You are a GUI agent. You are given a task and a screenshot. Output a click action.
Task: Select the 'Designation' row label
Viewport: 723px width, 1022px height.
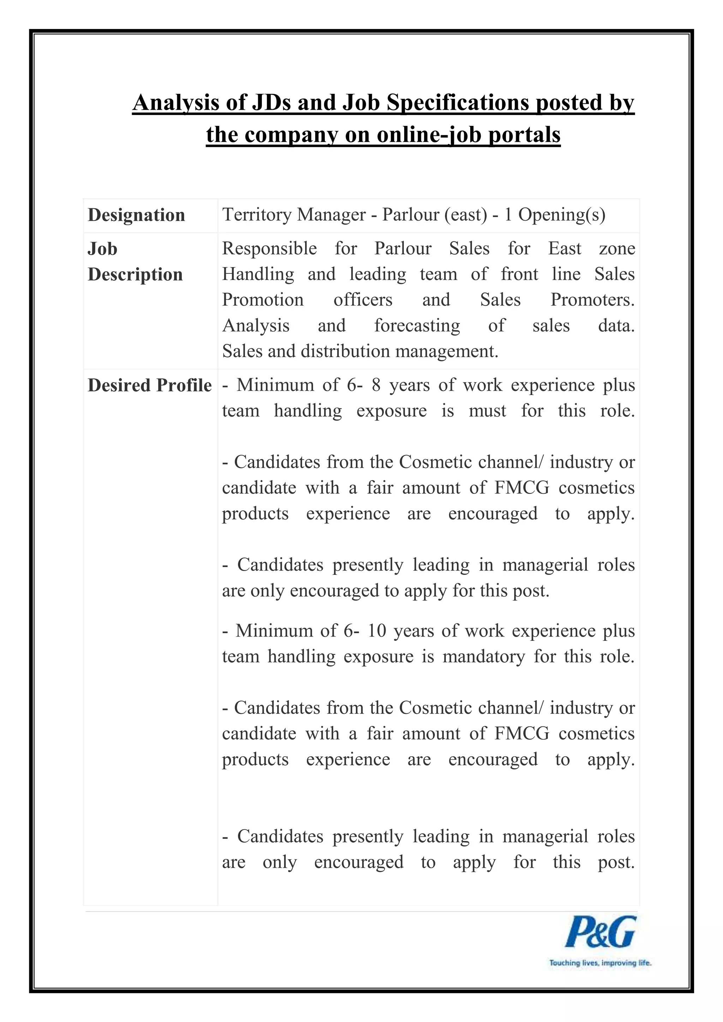pos(136,215)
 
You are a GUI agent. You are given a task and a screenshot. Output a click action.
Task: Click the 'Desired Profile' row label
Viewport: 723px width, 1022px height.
pos(150,385)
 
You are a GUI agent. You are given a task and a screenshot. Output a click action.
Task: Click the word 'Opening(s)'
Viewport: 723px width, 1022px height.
pos(561,215)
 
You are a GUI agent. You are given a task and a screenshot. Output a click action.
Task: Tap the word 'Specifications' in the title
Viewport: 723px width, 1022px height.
pos(458,103)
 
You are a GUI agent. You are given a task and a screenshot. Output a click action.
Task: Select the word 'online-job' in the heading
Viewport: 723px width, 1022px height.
pos(429,134)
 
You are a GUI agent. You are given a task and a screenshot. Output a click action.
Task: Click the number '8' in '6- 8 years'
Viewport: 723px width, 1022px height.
pos(376,385)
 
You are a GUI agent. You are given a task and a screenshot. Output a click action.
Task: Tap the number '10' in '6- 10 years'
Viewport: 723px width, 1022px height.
pos(377,631)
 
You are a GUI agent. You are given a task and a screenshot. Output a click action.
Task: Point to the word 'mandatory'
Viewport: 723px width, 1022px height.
pos(484,656)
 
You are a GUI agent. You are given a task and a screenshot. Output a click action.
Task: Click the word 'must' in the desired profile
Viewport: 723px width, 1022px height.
pos(487,411)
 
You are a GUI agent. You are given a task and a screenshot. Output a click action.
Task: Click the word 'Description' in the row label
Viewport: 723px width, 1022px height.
pos(135,275)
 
